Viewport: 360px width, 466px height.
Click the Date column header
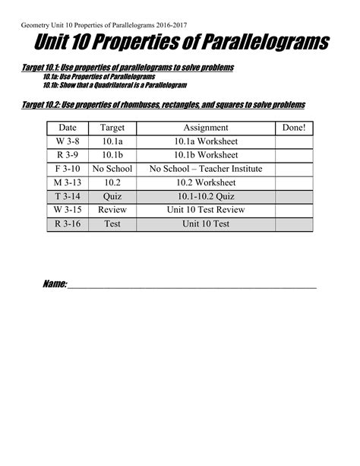pyautogui.click(x=68, y=128)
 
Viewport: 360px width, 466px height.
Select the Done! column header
pyautogui.click(x=293, y=128)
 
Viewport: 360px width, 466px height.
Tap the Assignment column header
pyautogui.click(x=206, y=128)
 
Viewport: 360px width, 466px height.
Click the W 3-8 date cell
pyautogui.click(x=68, y=141)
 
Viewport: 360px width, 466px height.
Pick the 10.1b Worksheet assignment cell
pyautogui.click(x=206, y=155)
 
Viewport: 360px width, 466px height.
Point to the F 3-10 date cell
pyautogui.click(x=68, y=169)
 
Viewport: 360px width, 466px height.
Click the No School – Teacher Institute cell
pyautogui.click(x=206, y=169)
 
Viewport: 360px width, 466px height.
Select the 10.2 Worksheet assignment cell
pyautogui.click(x=206, y=182)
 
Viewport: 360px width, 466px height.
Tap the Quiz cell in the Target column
pyautogui.click(x=112, y=196)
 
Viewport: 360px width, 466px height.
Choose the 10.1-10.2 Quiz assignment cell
pyautogui.click(x=206, y=196)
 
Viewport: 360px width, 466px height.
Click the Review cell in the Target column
pyautogui.click(x=112, y=210)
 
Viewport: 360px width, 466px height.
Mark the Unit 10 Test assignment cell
pyautogui.click(x=206, y=224)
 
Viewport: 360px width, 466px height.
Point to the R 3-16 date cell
pyautogui.click(x=68, y=224)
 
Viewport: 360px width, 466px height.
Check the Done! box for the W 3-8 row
pyautogui.click(x=293, y=141)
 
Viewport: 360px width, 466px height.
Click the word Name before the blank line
pyautogui.click(x=55, y=284)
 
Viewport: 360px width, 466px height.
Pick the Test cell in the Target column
pyautogui.click(x=112, y=224)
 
